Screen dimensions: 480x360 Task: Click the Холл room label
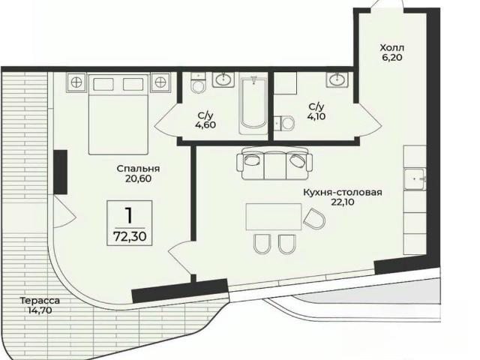(x=391, y=48)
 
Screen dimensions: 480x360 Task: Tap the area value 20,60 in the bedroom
(x=138, y=178)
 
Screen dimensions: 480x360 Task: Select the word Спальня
(x=138, y=169)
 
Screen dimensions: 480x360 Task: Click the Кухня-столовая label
(x=343, y=193)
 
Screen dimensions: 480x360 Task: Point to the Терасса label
(x=40, y=301)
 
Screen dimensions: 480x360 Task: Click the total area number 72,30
(x=130, y=237)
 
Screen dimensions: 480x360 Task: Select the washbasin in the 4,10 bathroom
(x=337, y=79)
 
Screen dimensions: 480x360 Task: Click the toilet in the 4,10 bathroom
(x=285, y=123)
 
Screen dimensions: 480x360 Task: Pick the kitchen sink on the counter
(x=415, y=179)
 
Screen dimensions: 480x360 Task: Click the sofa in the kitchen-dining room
(x=274, y=163)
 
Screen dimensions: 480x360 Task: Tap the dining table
(x=274, y=217)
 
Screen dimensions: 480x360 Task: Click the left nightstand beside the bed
(x=76, y=82)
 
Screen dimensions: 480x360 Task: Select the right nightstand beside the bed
(x=160, y=82)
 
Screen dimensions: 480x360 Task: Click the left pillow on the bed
(x=103, y=84)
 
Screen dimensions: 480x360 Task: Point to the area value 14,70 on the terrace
(x=40, y=310)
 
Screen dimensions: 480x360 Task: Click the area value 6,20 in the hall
(x=391, y=58)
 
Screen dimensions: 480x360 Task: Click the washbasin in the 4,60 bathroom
(x=223, y=80)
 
